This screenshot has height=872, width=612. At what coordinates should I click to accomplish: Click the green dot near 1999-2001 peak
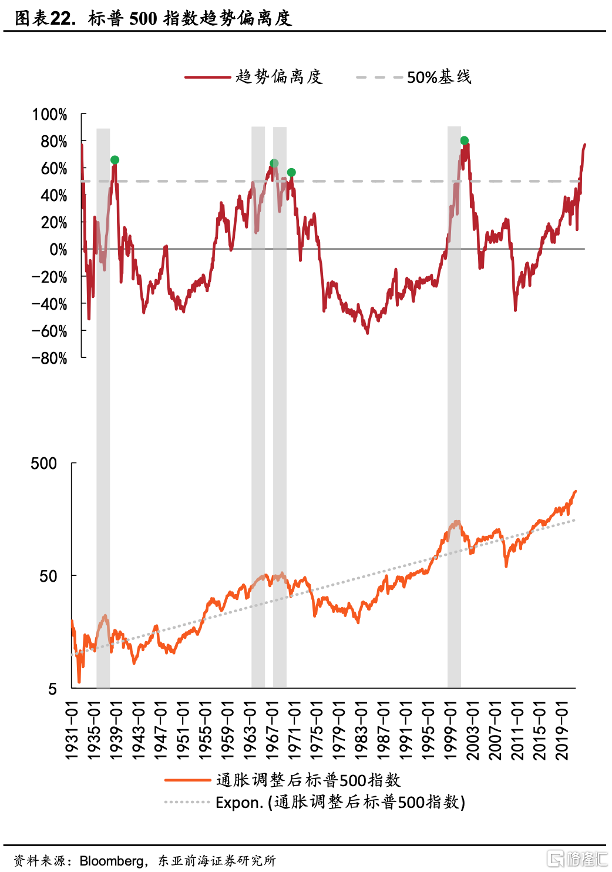point(464,140)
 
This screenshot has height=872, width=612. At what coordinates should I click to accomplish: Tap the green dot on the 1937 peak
point(115,160)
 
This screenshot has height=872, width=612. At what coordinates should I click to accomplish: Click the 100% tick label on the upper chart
point(50,115)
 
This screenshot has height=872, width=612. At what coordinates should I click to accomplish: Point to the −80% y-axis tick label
point(50,358)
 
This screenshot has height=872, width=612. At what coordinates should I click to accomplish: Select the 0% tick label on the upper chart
point(58,250)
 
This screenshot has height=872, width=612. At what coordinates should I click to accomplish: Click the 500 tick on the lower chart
point(44,464)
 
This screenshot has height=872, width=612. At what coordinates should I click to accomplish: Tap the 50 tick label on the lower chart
point(48,576)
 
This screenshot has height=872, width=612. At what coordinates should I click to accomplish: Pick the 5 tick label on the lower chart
point(53,689)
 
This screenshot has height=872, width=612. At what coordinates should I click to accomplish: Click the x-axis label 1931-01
point(72,730)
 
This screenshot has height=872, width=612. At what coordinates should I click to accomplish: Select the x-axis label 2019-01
point(562,730)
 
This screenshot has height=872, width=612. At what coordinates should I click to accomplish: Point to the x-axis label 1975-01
point(317,730)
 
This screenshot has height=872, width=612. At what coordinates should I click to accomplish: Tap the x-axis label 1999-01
point(450,730)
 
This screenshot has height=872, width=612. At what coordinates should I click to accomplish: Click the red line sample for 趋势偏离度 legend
point(207,77)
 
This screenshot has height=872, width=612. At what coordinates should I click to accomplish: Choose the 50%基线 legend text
point(439,77)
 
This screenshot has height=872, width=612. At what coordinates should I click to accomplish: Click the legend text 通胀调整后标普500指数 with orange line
point(308,780)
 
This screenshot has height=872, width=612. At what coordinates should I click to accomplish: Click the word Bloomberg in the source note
point(112,861)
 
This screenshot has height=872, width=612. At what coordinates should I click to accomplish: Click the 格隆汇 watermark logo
point(577,858)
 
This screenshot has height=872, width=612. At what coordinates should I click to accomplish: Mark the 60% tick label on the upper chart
point(54,169)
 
